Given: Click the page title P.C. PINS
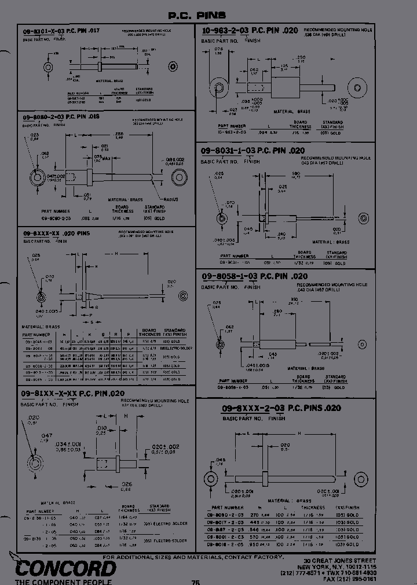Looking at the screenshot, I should (197, 16).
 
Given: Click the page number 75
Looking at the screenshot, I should (196, 582).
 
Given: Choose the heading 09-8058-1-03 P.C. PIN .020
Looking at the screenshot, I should (254, 277).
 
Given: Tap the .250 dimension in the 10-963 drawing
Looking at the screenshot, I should (300, 57).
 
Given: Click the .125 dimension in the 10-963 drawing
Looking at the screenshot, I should (284, 66).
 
